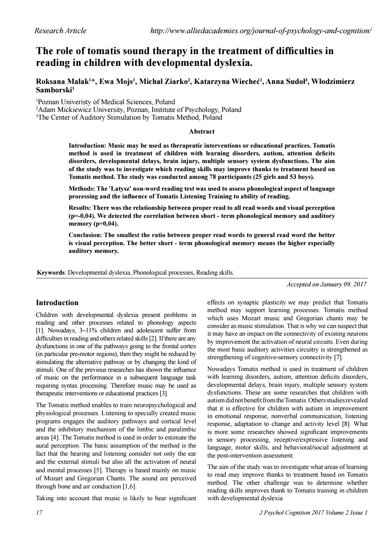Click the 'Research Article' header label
[60, 31]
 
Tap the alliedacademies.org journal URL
[261, 31]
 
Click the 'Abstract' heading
[201, 131]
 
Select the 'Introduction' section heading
[57, 303]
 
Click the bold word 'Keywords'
[51, 273]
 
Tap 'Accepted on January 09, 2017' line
[327, 284]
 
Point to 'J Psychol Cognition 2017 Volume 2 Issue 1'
[313, 512]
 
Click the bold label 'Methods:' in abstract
[81, 188]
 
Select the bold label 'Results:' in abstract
[80, 208]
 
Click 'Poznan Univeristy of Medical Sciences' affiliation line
[105, 102]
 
